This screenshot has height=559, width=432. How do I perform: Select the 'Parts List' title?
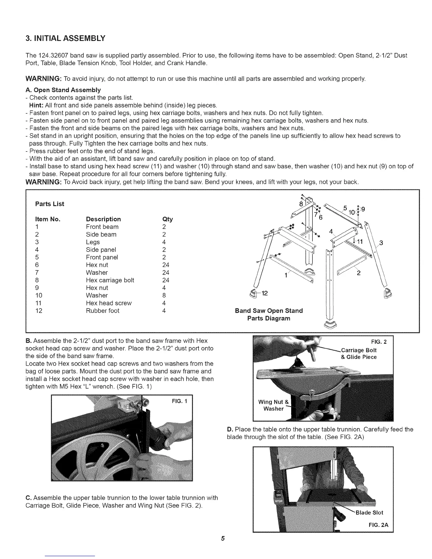pyautogui.click(x=50, y=204)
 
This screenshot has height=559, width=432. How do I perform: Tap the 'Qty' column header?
pyautogui.click(x=167, y=219)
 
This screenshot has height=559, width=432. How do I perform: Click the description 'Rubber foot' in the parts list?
pyautogui.click(x=102, y=311)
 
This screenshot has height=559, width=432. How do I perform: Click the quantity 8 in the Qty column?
pyautogui.click(x=164, y=295)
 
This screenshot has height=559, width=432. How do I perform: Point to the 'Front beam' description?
pyautogui.click(x=102, y=227)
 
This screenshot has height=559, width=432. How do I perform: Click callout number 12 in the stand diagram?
pyautogui.click(x=264, y=293)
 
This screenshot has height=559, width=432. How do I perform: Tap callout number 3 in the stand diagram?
pyautogui.click(x=381, y=243)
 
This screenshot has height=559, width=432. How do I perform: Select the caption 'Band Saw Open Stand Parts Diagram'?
pyautogui.click(x=269, y=314)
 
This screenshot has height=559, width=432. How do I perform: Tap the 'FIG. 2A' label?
pyautogui.click(x=378, y=525)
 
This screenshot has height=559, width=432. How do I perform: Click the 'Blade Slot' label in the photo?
pyautogui.click(x=369, y=512)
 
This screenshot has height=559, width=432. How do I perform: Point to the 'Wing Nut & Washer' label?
pyautogui.click(x=273, y=405)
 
